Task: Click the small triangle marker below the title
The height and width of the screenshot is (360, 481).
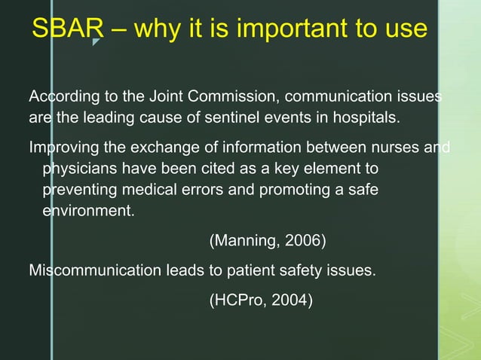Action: point(96,42)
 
